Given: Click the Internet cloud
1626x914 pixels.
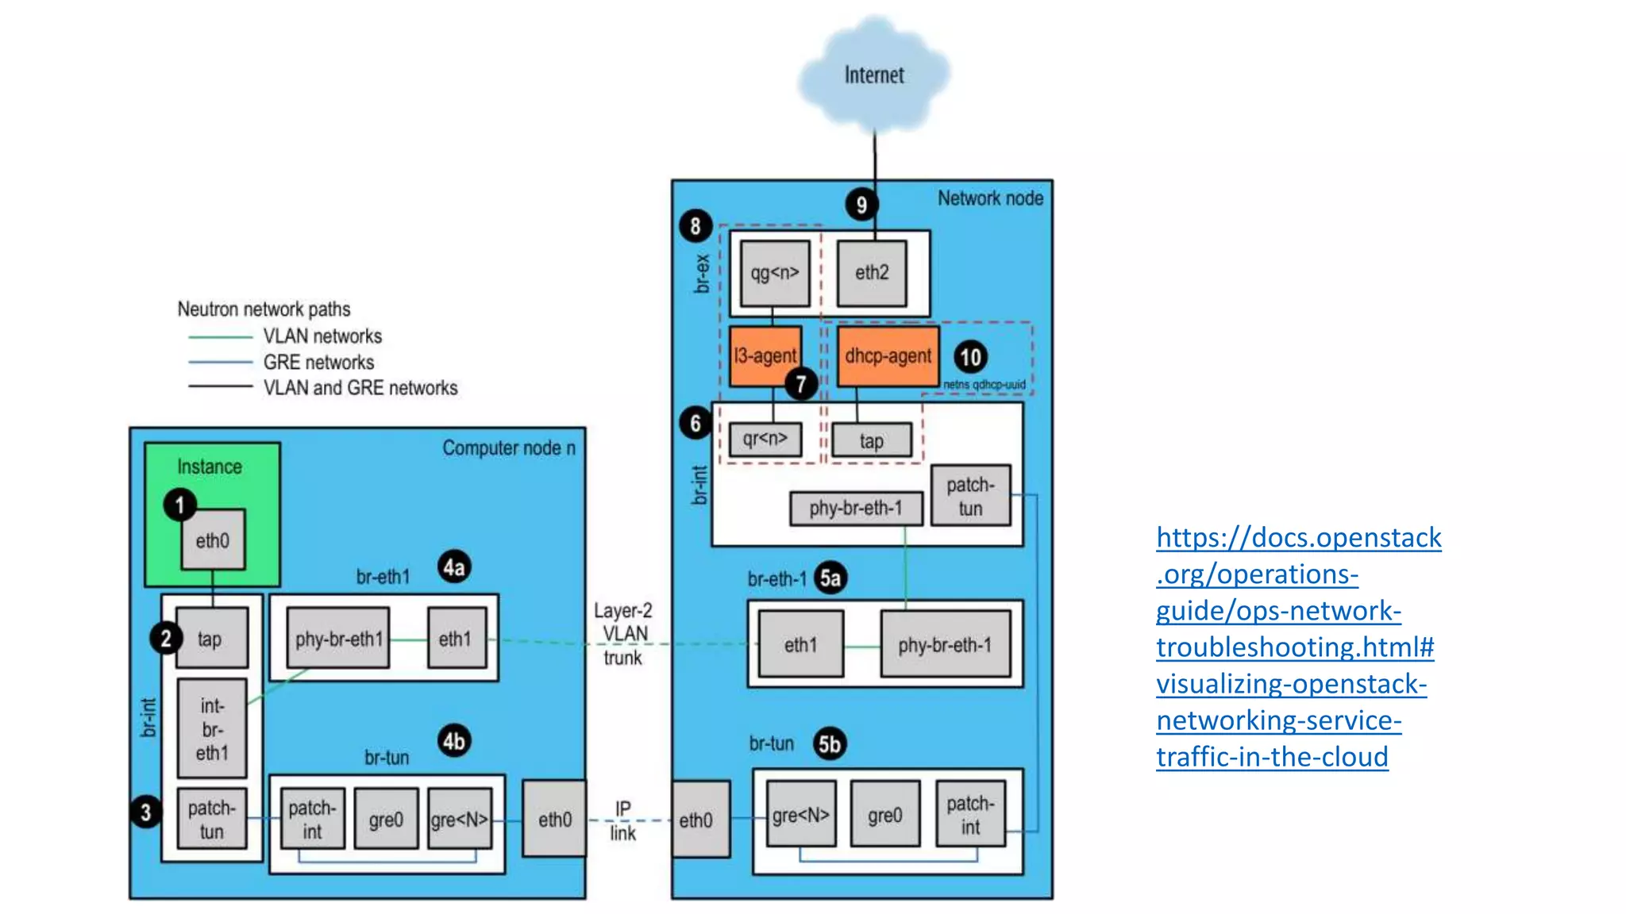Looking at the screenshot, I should [x=873, y=75].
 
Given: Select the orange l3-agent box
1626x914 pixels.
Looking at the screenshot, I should [x=765, y=356].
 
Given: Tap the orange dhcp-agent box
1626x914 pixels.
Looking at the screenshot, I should [x=888, y=356].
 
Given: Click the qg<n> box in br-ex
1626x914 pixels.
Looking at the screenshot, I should [x=775, y=274].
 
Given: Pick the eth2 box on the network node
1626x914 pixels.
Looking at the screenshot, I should [x=872, y=274].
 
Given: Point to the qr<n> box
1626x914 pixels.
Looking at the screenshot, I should [x=765, y=439].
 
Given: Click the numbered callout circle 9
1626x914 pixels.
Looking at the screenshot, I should [x=861, y=205].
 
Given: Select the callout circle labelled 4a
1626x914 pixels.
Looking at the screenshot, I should [x=454, y=567].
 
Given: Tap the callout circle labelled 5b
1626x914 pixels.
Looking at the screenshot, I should [x=830, y=743].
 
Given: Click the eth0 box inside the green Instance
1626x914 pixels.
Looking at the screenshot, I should [x=213, y=541].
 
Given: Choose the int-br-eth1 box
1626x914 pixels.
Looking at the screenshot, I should [x=212, y=728].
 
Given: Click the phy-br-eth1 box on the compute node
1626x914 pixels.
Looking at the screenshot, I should [x=338, y=639].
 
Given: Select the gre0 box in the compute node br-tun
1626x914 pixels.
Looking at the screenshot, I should [x=386, y=820].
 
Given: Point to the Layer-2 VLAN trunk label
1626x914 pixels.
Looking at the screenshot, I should [x=623, y=634].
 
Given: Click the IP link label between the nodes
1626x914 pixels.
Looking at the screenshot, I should [x=623, y=820].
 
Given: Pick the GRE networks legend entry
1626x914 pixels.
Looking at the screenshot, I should [x=318, y=363].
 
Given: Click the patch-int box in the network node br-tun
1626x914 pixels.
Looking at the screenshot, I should [x=970, y=815].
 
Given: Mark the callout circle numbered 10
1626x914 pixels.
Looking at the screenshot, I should [x=970, y=357].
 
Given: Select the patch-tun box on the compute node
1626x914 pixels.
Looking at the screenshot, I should [x=211, y=820].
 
